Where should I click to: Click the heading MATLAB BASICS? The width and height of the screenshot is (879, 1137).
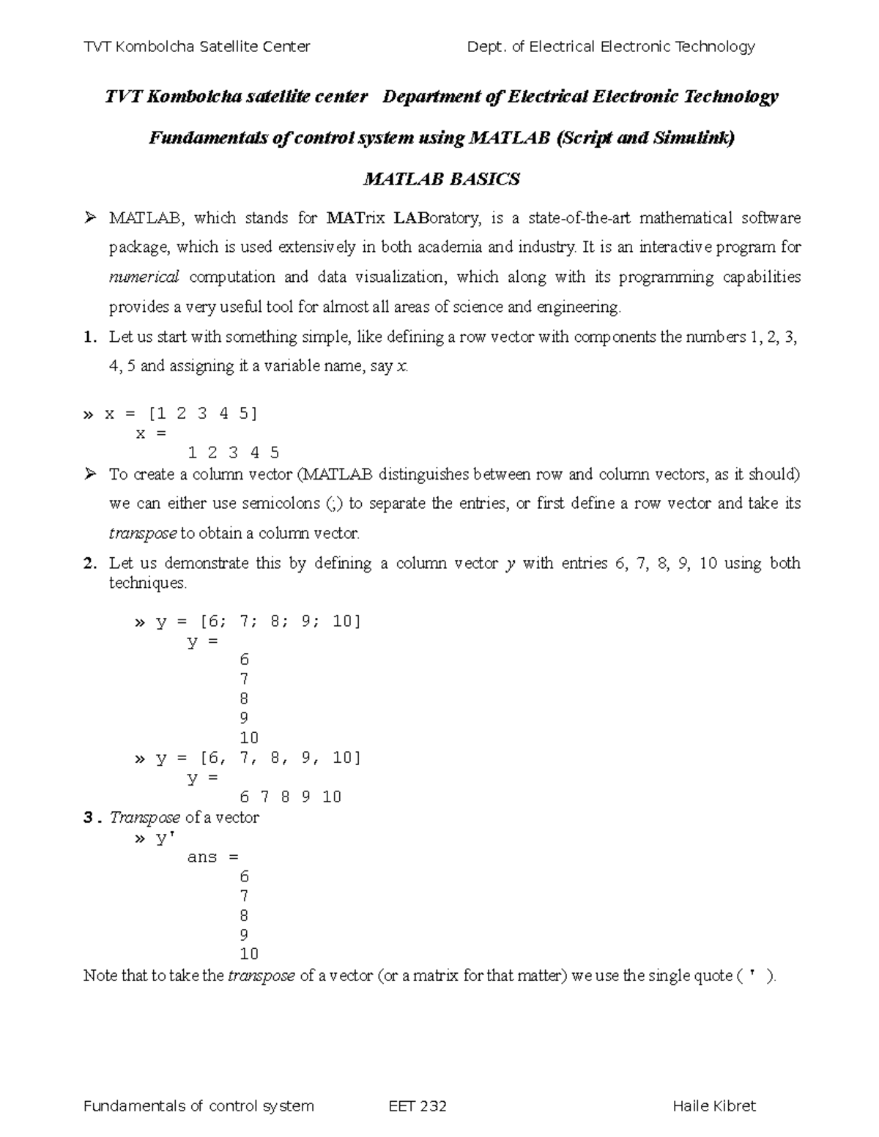pyautogui.click(x=442, y=179)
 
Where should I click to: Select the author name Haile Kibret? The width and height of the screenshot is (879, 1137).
pyautogui.click(x=713, y=1106)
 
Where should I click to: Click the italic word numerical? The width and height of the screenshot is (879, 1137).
pyautogui.click(x=144, y=277)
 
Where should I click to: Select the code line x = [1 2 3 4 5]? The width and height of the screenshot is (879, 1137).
pyautogui.click(x=180, y=414)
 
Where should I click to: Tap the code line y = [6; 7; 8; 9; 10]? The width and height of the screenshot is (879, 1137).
pyautogui.click(x=258, y=622)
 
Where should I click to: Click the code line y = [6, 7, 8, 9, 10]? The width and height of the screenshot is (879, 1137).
pyautogui.click(x=258, y=758)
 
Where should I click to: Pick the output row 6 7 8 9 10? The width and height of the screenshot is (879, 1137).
pyautogui.click(x=290, y=797)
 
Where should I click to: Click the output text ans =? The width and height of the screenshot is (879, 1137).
pyautogui.click(x=212, y=857)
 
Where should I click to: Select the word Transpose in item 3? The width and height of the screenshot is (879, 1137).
pyautogui.click(x=144, y=817)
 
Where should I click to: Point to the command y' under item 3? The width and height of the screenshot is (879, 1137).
pyautogui.click(x=161, y=838)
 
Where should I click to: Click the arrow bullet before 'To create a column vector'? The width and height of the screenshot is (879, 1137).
pyautogui.click(x=90, y=474)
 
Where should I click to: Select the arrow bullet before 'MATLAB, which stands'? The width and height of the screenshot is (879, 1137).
pyautogui.click(x=90, y=218)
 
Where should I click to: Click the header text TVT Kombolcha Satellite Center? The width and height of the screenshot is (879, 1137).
pyautogui.click(x=197, y=47)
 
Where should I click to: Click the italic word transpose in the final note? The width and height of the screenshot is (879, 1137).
pyautogui.click(x=262, y=976)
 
